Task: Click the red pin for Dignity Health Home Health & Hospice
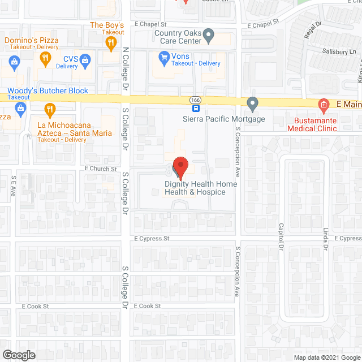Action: coord(180,166)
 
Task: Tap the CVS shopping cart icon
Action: coord(85,59)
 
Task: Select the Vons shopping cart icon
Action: coord(164,56)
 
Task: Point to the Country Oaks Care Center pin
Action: coord(209,37)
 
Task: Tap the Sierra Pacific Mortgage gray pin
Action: coord(253,104)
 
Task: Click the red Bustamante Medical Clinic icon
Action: coord(323,105)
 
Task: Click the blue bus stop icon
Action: coord(196,108)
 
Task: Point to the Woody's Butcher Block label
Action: coord(48,90)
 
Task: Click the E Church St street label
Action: coord(101,169)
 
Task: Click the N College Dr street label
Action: coord(126,69)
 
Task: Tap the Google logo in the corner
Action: coord(18,355)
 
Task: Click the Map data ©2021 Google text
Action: coord(326,357)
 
